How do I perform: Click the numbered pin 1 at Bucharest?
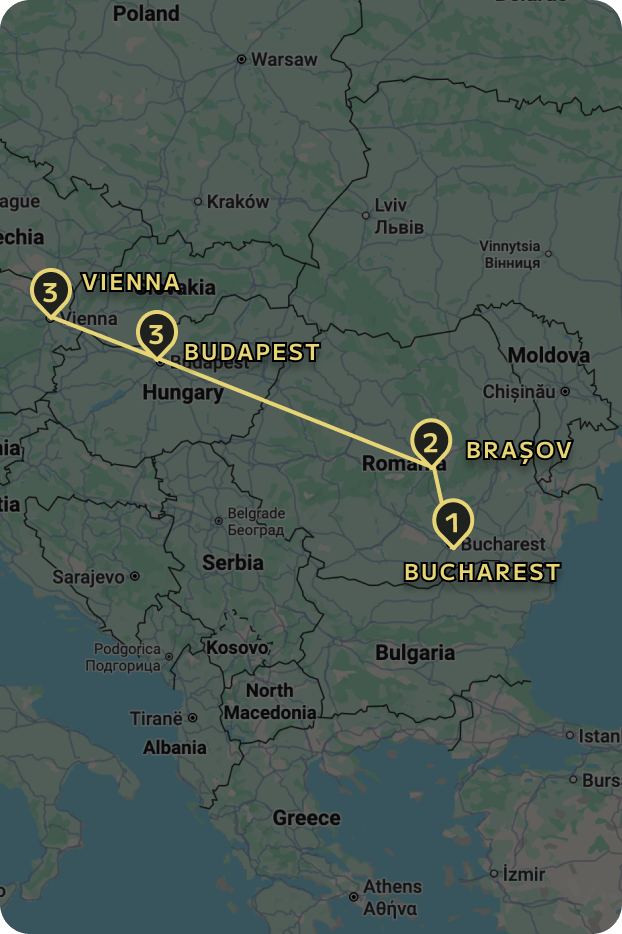(x=452, y=522)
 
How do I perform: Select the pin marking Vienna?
(x=50, y=292)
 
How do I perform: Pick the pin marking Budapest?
(x=156, y=333)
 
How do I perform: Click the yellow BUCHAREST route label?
(x=482, y=572)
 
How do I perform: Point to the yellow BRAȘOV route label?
(x=519, y=450)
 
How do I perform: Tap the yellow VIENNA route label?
(x=131, y=282)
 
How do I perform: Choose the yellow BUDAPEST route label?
(x=252, y=352)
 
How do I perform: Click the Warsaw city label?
(x=283, y=60)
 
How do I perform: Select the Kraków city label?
(x=237, y=202)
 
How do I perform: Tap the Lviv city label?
(x=390, y=205)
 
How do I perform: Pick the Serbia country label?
(x=233, y=562)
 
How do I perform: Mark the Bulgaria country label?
(x=415, y=653)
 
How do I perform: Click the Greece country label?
(x=307, y=818)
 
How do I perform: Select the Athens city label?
(x=392, y=887)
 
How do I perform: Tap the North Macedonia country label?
(x=269, y=702)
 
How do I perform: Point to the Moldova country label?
(x=549, y=356)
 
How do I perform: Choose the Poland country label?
(x=146, y=14)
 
